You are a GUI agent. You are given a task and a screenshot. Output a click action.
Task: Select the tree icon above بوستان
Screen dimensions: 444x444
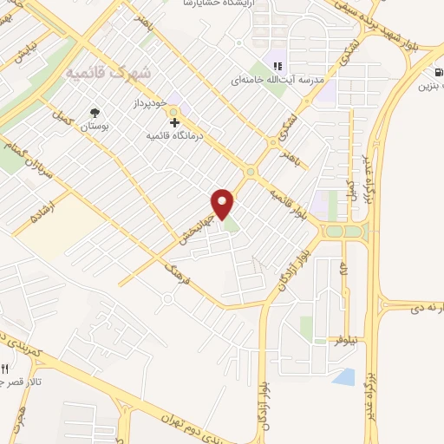pyautogui.click(x=95, y=112)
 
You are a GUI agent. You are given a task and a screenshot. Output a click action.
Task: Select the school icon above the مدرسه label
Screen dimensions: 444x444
pyautogui.click(x=277, y=66)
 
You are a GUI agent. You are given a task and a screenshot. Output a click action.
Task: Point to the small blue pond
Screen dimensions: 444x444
pyautogui.click(x=343, y=377)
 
